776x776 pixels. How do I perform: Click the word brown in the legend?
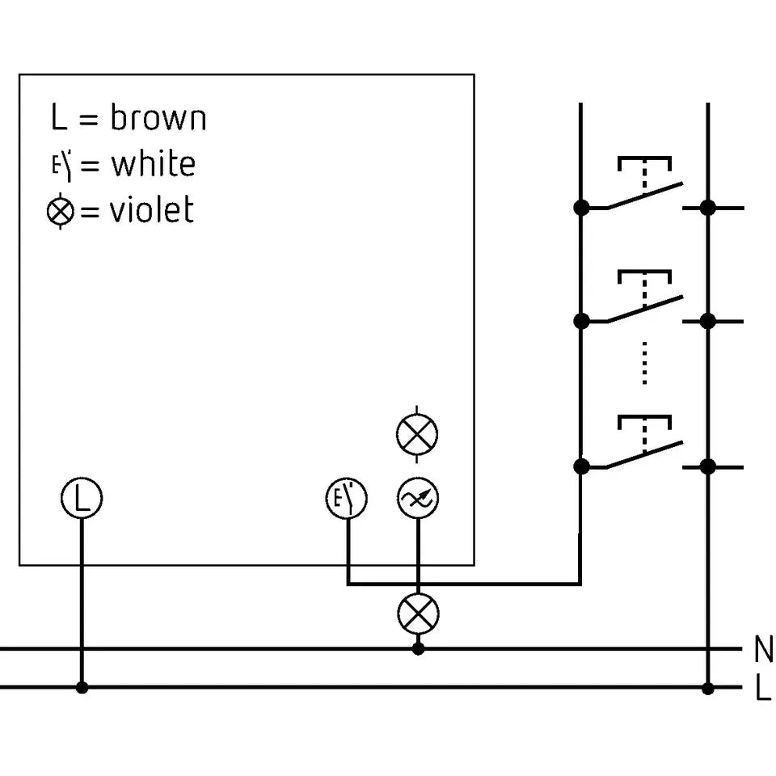(x=158, y=118)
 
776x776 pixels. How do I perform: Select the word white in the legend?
(x=154, y=163)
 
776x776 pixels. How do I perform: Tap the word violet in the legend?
(x=152, y=209)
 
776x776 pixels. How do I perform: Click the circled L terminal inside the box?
(x=82, y=498)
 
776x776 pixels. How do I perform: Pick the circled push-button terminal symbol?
(x=347, y=498)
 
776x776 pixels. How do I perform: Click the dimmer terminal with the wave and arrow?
(x=418, y=498)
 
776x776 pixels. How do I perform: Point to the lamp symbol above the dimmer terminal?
(x=417, y=434)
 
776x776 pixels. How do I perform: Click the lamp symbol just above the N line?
(x=418, y=614)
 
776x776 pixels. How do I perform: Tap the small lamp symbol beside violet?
(x=61, y=211)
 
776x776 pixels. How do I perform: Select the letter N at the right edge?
(x=764, y=649)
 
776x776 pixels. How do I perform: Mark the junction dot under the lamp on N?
(x=418, y=648)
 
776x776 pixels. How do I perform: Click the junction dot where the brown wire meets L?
(x=82, y=687)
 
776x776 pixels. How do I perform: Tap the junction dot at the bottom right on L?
(x=708, y=688)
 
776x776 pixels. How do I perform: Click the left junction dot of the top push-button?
(x=581, y=208)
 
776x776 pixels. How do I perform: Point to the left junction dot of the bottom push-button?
(x=581, y=466)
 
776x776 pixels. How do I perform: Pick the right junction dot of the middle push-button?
(x=708, y=321)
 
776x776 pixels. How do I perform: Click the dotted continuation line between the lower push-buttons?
(x=644, y=363)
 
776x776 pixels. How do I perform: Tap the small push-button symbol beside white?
(x=62, y=164)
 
